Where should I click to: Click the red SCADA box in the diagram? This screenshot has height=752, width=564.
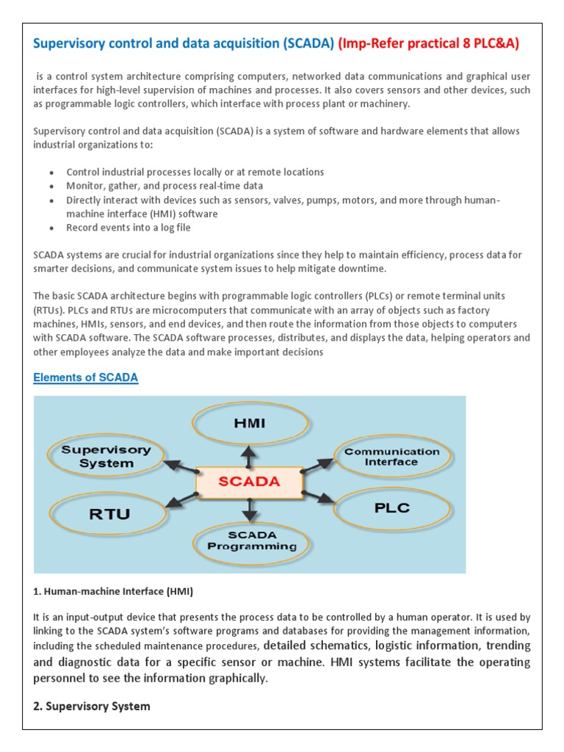tap(250, 482)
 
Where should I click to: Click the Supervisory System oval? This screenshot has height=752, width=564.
tap(106, 456)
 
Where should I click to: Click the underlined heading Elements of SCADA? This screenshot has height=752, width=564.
tap(86, 377)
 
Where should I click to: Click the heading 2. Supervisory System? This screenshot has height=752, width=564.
tap(92, 706)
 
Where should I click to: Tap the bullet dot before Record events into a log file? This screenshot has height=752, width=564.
tap(51, 228)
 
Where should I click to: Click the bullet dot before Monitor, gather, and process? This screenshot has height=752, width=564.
tap(51, 187)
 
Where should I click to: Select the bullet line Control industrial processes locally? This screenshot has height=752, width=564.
tap(195, 172)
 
